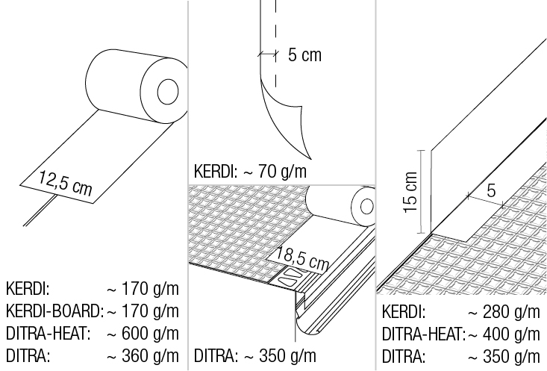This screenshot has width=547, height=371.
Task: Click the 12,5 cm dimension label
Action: point(66,183)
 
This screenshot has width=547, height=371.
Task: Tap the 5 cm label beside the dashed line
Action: point(305,55)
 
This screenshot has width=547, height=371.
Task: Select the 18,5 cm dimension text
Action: point(302,258)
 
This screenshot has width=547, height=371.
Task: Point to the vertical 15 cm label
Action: point(410,192)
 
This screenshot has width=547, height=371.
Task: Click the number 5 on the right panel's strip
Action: point(491,190)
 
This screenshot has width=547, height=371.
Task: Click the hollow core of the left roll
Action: point(168,91)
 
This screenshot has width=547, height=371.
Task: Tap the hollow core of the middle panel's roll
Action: point(366,207)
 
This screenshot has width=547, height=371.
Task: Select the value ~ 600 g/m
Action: point(143,334)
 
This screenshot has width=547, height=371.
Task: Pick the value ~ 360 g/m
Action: point(143,356)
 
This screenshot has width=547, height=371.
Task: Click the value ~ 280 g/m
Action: point(504,312)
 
